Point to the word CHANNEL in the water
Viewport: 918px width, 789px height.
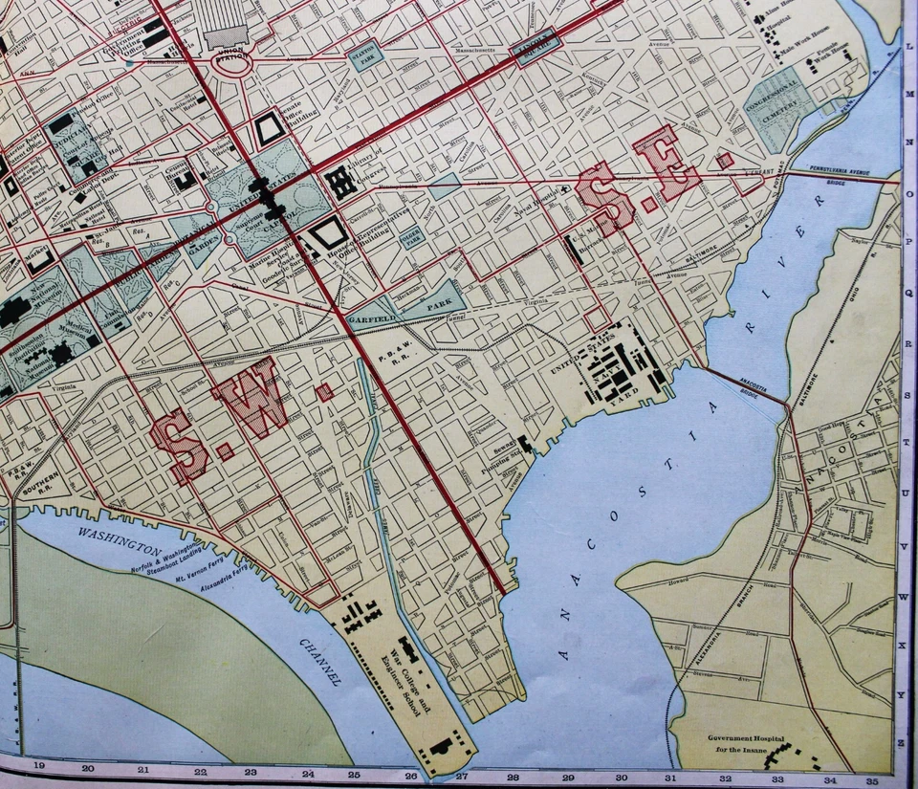pos(320,660)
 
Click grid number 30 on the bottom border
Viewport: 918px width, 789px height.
pos(621,777)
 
